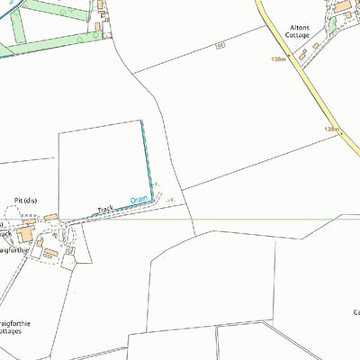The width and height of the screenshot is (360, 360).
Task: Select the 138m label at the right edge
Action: pyautogui.click(x=332, y=130)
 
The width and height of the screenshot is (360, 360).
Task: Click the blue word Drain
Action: pyautogui.click(x=138, y=199)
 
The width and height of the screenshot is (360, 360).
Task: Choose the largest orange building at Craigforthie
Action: pyautogui.click(x=25, y=237)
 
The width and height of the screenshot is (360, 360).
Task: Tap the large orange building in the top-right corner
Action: pyautogui.click(x=344, y=7)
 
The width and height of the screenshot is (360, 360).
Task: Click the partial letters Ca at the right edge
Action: pyautogui.click(x=355, y=313)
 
